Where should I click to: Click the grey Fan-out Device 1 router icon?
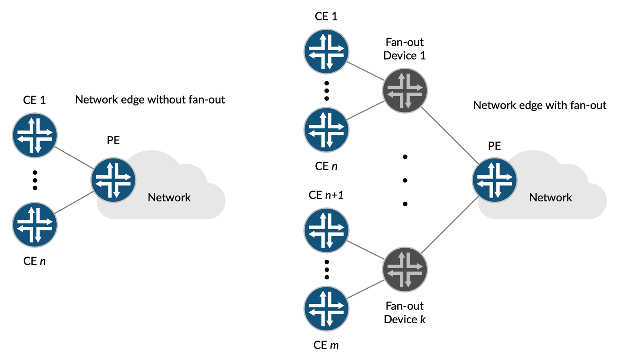click(x=405, y=90)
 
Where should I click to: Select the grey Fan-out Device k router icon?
click(x=405, y=269)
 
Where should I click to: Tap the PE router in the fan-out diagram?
click(x=494, y=180)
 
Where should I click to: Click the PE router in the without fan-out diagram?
click(x=113, y=180)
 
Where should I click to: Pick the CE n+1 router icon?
click(x=326, y=230)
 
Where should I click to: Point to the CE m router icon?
click(x=326, y=309)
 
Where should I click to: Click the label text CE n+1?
click(x=326, y=195)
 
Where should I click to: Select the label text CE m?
click(x=326, y=345)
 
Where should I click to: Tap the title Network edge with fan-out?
click(x=540, y=105)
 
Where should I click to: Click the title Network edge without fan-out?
click(x=150, y=99)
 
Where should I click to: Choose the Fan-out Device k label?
click(x=405, y=313)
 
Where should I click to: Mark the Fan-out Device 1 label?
click(x=405, y=49)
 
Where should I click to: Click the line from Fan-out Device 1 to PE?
click(x=449, y=135)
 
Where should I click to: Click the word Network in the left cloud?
click(x=169, y=198)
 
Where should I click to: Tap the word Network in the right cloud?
click(x=551, y=198)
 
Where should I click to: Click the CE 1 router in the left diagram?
click(x=35, y=135)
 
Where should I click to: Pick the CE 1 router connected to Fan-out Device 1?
click(x=326, y=51)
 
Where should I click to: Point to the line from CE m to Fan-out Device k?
click(x=366, y=289)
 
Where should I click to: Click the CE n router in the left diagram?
click(x=35, y=225)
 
